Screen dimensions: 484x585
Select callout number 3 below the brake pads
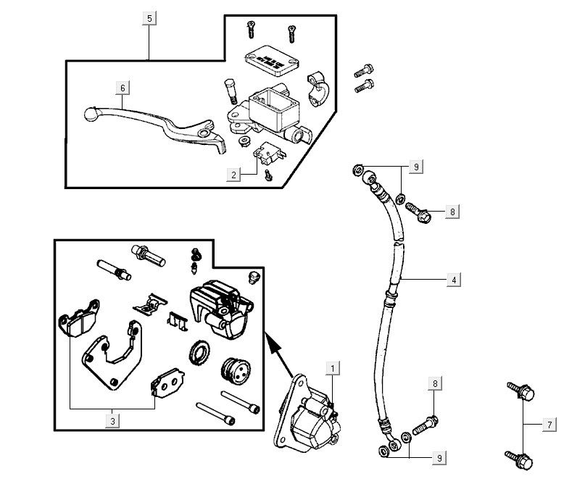point(112,419)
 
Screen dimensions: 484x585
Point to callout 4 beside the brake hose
point(453,279)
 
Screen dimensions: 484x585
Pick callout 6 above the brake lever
point(123,88)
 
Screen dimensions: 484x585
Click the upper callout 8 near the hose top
point(452,212)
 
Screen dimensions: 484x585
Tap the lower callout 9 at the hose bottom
point(439,457)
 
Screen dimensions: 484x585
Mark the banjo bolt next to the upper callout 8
point(418,211)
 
